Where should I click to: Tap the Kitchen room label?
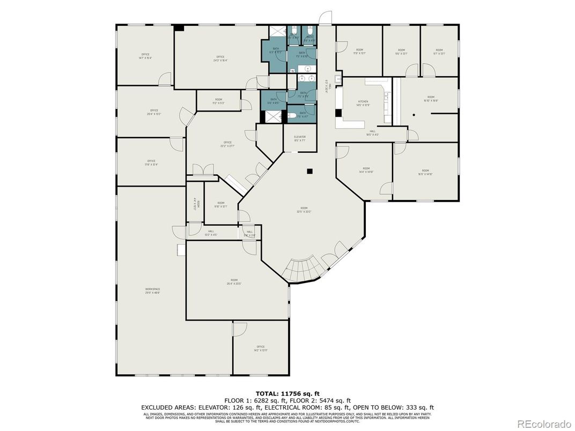pyautogui.click(x=363, y=103)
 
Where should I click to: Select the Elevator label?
pyautogui.click(x=299, y=138)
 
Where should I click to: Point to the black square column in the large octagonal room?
pyautogui.click(x=309, y=172)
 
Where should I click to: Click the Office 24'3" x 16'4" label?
pyautogui.click(x=220, y=58)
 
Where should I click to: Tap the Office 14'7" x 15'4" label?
pyautogui.click(x=145, y=56)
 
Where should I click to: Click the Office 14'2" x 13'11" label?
pyautogui.click(x=261, y=348)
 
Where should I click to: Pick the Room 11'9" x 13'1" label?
pyautogui.click(x=359, y=51)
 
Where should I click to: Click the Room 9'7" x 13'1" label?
pyautogui.click(x=439, y=51)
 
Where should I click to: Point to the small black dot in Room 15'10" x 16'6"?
pyautogui.click(x=414, y=115)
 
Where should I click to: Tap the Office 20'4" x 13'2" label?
pyautogui.click(x=154, y=112)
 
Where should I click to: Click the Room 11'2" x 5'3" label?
pyautogui.click(x=219, y=101)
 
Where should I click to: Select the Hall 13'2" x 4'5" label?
pyautogui.click(x=211, y=233)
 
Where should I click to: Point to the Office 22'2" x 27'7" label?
pyautogui.click(x=227, y=144)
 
